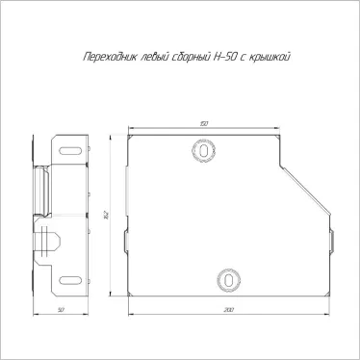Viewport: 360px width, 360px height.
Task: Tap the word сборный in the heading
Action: (x=191, y=57)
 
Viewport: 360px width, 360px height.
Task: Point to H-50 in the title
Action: (x=225, y=57)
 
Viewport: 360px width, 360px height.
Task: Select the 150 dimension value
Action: (x=204, y=124)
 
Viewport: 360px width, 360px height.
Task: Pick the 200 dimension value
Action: (x=228, y=310)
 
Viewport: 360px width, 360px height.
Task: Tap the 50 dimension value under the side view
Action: (x=61, y=310)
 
